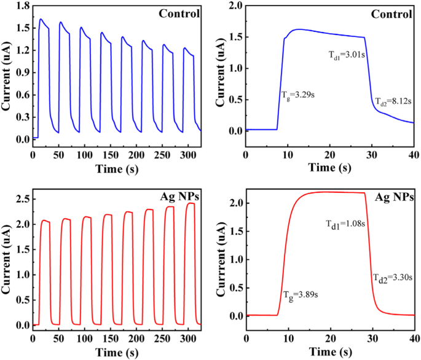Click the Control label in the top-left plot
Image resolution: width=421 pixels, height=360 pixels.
coord(180,14)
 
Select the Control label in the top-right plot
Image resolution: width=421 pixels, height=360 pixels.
coord(393,14)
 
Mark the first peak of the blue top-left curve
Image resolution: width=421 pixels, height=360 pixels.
coord(41,19)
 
